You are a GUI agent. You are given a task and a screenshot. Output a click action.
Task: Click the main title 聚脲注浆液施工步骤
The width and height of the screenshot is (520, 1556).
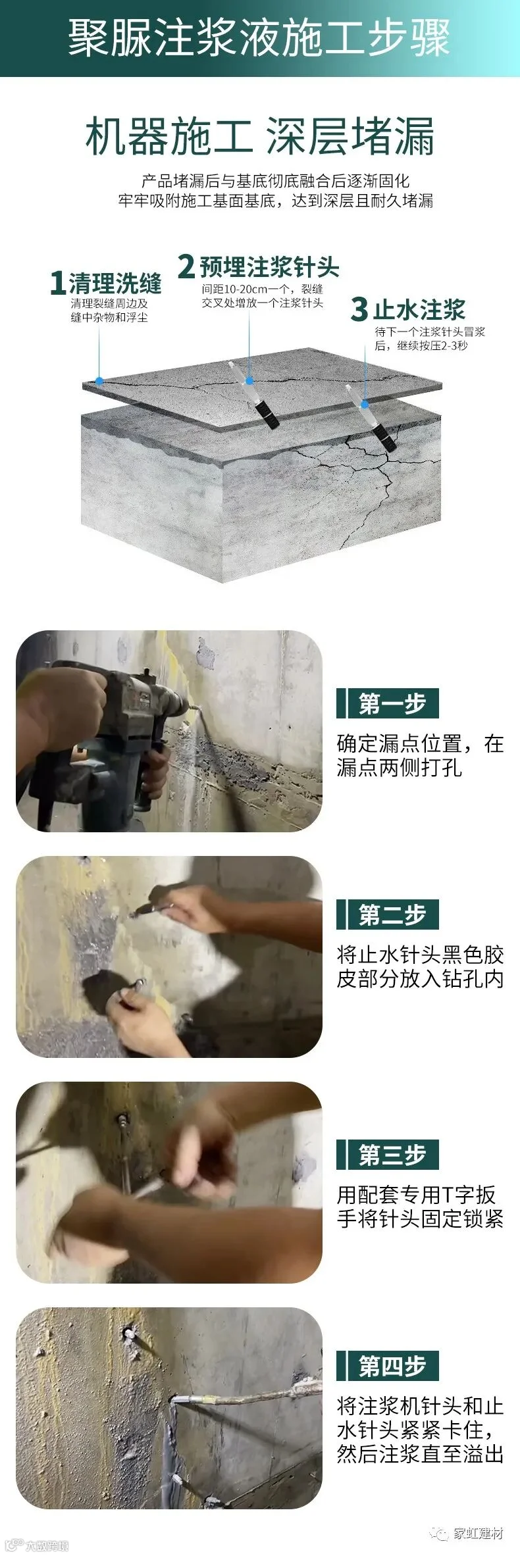tap(259, 38)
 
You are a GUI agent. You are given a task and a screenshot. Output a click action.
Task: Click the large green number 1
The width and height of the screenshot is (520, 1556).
tap(58, 284)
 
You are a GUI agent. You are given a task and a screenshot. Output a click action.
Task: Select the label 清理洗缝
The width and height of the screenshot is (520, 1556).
tap(115, 284)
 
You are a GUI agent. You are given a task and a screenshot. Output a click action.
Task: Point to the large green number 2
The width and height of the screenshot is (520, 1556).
tap(187, 266)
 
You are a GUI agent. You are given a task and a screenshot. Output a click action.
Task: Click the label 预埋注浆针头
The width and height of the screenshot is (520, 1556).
tap(269, 266)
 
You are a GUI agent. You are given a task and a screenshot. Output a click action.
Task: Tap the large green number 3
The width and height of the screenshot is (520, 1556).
tap(359, 309)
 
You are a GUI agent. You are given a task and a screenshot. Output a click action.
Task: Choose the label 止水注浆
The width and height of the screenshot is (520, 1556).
tap(419, 309)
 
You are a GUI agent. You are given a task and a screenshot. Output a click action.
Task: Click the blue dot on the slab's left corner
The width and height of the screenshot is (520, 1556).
tap(99, 380)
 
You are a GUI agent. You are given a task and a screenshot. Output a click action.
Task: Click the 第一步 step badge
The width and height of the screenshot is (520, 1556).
tap(388, 704)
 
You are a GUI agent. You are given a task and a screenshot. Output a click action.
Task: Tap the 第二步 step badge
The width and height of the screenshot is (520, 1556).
tap(388, 915)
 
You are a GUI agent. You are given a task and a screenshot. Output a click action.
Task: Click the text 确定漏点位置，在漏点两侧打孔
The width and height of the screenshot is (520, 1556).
tap(420, 755)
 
